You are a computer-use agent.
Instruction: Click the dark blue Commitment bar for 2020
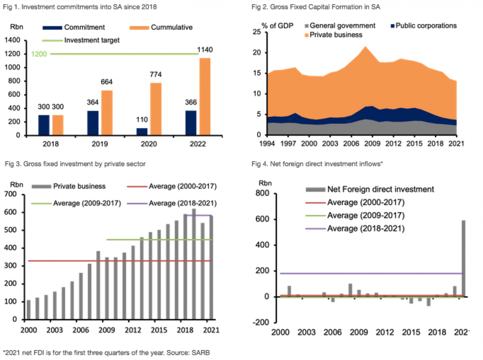pos(142,131)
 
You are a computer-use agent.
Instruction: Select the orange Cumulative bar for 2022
pos(205,96)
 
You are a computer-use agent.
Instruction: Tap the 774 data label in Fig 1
pos(155,75)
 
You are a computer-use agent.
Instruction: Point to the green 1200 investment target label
pos(39,54)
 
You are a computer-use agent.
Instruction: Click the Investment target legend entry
pos(81,40)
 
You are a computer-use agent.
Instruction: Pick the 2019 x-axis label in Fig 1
pos(100,144)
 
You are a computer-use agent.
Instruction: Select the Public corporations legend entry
pos(423,26)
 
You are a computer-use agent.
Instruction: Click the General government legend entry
pos(340,26)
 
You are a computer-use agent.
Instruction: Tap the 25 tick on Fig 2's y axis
pos(257,32)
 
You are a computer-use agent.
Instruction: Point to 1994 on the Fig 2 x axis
pos(267,144)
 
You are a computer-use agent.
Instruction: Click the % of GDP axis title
pos(277,26)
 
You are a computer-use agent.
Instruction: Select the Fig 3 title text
pos(75,164)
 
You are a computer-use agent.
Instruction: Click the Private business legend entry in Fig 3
pos(69,186)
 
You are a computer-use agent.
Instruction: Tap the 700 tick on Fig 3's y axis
pos(10,194)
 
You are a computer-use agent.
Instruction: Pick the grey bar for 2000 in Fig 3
pos(29,309)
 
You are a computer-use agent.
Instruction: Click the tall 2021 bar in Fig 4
pos(463,258)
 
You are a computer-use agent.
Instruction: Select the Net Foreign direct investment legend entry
pos(370,189)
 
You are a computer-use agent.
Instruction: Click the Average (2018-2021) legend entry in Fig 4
pos(355,229)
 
